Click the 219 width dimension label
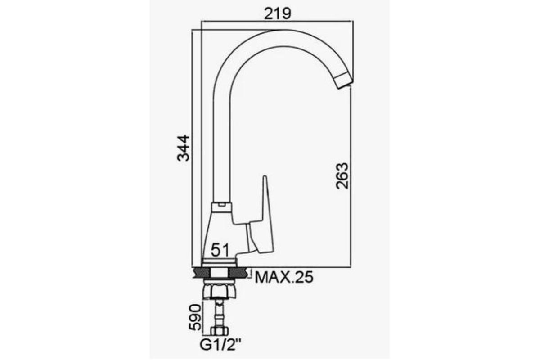coord(278,13)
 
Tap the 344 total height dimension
coord(184,148)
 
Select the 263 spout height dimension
coord(342,176)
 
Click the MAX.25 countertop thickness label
coord(284,277)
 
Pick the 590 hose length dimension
coord(195,317)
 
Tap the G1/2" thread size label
coord(220,345)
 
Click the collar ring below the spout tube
coord(221,207)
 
